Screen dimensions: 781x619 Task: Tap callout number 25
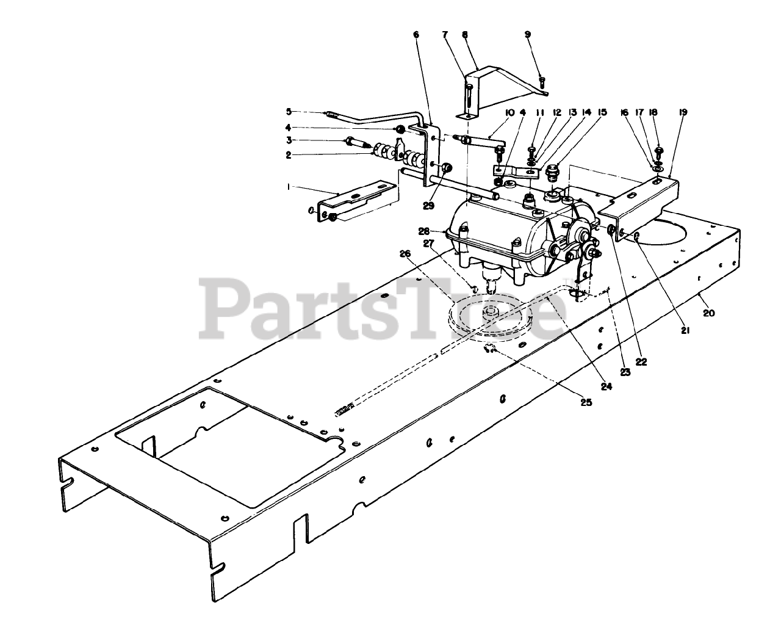click(x=586, y=403)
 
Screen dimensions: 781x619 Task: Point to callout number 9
click(x=528, y=34)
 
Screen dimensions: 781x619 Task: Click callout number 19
click(x=683, y=112)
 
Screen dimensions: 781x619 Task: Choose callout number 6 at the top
click(x=416, y=34)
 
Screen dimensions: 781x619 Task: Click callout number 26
click(x=403, y=253)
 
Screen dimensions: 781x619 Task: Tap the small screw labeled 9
click(x=542, y=80)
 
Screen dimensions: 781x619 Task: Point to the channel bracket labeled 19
click(x=641, y=201)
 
